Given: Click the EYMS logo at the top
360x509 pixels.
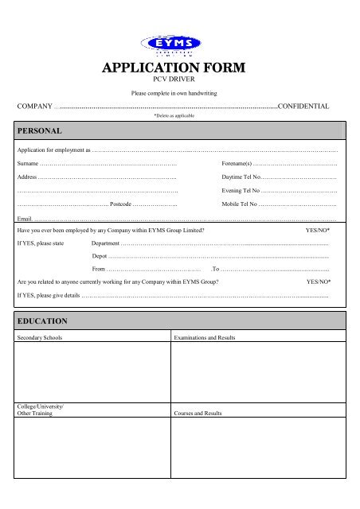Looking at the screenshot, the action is pyautogui.click(x=179, y=45).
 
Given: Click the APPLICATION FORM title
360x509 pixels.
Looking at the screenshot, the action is pyautogui.click(x=179, y=69).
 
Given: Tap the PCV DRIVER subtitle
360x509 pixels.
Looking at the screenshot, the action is pyautogui.click(x=179, y=81).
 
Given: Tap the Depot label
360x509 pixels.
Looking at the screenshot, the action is pyautogui.click(x=100, y=257).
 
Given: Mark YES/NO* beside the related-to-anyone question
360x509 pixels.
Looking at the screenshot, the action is pyautogui.click(x=319, y=282).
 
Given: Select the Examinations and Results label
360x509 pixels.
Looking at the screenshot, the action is pyautogui.click(x=204, y=338).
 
